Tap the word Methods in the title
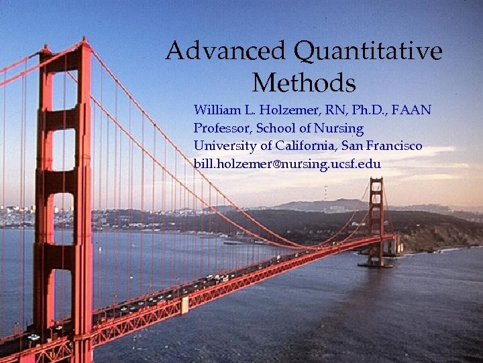304,83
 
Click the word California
305,146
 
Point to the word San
354,146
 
